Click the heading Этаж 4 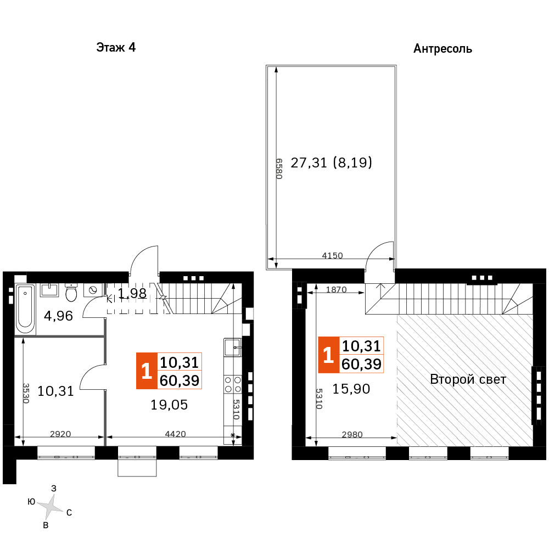pyautogui.click(x=116, y=47)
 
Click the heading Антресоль pyautogui.click(x=442, y=49)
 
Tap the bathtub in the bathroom pyautogui.click(x=25, y=309)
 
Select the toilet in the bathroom pyautogui.click(x=71, y=293)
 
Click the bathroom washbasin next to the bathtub pyautogui.click(x=49, y=290)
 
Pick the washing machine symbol pyautogui.click(x=93, y=290)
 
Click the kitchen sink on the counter pyautogui.click(x=232, y=348)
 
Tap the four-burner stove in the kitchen pyautogui.click(x=233, y=384)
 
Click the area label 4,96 pyautogui.click(x=59, y=316)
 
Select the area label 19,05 pyautogui.click(x=169, y=405)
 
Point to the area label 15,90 pyautogui.click(x=351, y=389)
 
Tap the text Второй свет pyautogui.click(x=468, y=379)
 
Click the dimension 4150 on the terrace pyautogui.click(x=332, y=256)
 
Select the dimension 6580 pyautogui.click(x=279, y=169)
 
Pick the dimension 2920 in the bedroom pyautogui.click(x=60, y=434)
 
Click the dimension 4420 pyautogui.click(x=175, y=434)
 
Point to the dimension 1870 pyautogui.click(x=336, y=289)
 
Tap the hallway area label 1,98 pyautogui.click(x=132, y=293)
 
